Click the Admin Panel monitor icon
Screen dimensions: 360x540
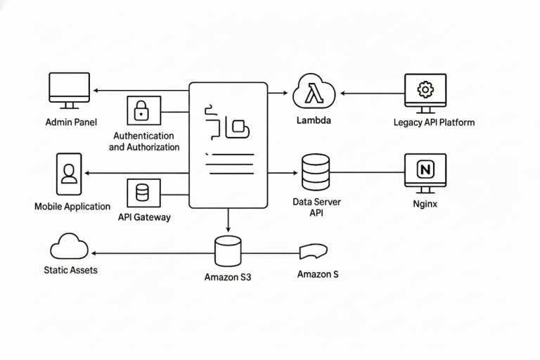tap(69, 90)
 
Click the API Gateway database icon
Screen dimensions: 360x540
tap(143, 193)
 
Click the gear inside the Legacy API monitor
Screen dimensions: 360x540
tap(425, 89)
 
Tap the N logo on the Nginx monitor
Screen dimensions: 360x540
tap(425, 169)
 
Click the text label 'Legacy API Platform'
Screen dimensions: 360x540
tap(434, 122)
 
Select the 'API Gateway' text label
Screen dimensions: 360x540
tap(144, 217)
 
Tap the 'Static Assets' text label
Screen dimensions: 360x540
tap(70, 269)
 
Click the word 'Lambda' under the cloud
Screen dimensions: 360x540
tap(314, 120)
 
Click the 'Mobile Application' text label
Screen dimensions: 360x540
tap(72, 207)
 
